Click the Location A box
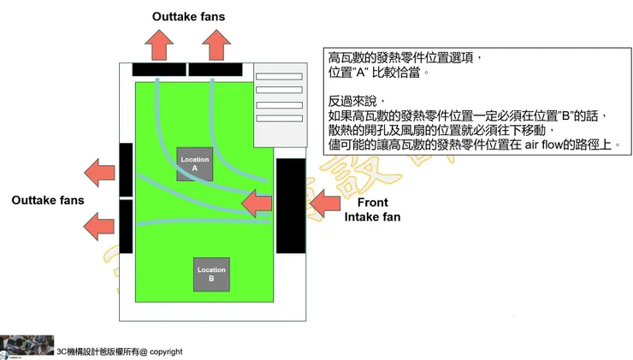[x=195, y=164]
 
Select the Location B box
[x=211, y=274]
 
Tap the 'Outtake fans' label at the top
[x=188, y=16]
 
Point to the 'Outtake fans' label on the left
[x=48, y=200]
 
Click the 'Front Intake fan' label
[x=372, y=210]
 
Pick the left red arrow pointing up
[x=159, y=43]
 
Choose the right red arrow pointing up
[x=214, y=43]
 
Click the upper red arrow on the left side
[x=101, y=172]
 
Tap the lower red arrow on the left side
[x=101, y=226]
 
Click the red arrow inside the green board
[x=257, y=204]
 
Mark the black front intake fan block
[x=291, y=205]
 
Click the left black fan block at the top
[x=159, y=69]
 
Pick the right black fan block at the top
[x=215, y=69]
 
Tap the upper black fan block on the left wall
[x=126, y=169]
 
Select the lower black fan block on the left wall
[x=126, y=226]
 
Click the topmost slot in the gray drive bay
[x=279, y=77]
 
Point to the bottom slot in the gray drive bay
[x=279, y=118]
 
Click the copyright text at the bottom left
[x=120, y=351]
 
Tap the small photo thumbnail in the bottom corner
[x=27, y=346]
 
